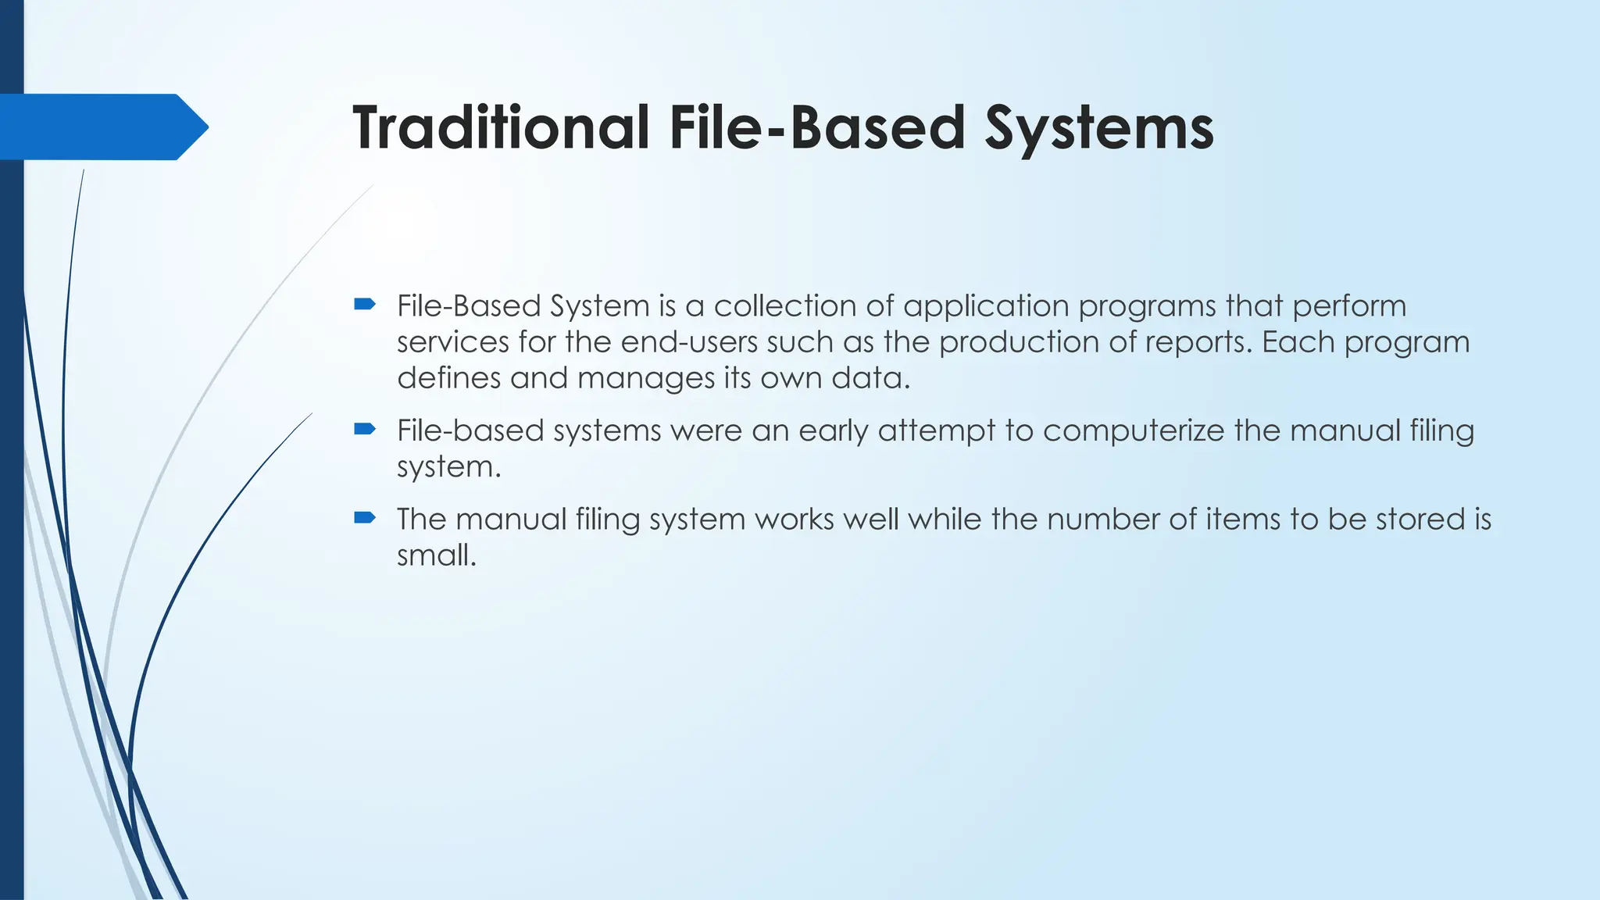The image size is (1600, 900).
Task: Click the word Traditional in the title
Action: (500, 127)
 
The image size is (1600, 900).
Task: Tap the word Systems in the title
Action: (1098, 129)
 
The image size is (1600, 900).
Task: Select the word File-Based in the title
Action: (817, 127)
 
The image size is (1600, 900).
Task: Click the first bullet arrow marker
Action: (365, 304)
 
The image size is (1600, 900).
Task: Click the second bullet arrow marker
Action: (365, 428)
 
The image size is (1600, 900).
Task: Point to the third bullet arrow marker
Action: (365, 517)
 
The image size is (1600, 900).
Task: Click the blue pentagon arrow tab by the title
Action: (102, 127)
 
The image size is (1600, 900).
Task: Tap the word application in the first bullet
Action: (986, 307)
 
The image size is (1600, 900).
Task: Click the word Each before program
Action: (1298, 342)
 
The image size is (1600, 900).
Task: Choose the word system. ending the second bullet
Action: (448, 468)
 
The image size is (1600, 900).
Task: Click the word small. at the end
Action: (436, 555)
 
